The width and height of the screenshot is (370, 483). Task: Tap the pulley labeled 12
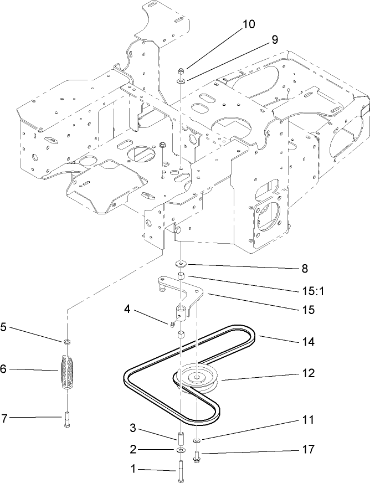coord(196,378)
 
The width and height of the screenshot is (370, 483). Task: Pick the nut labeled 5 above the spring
coord(66,342)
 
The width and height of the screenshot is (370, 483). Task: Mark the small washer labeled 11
coord(197,441)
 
